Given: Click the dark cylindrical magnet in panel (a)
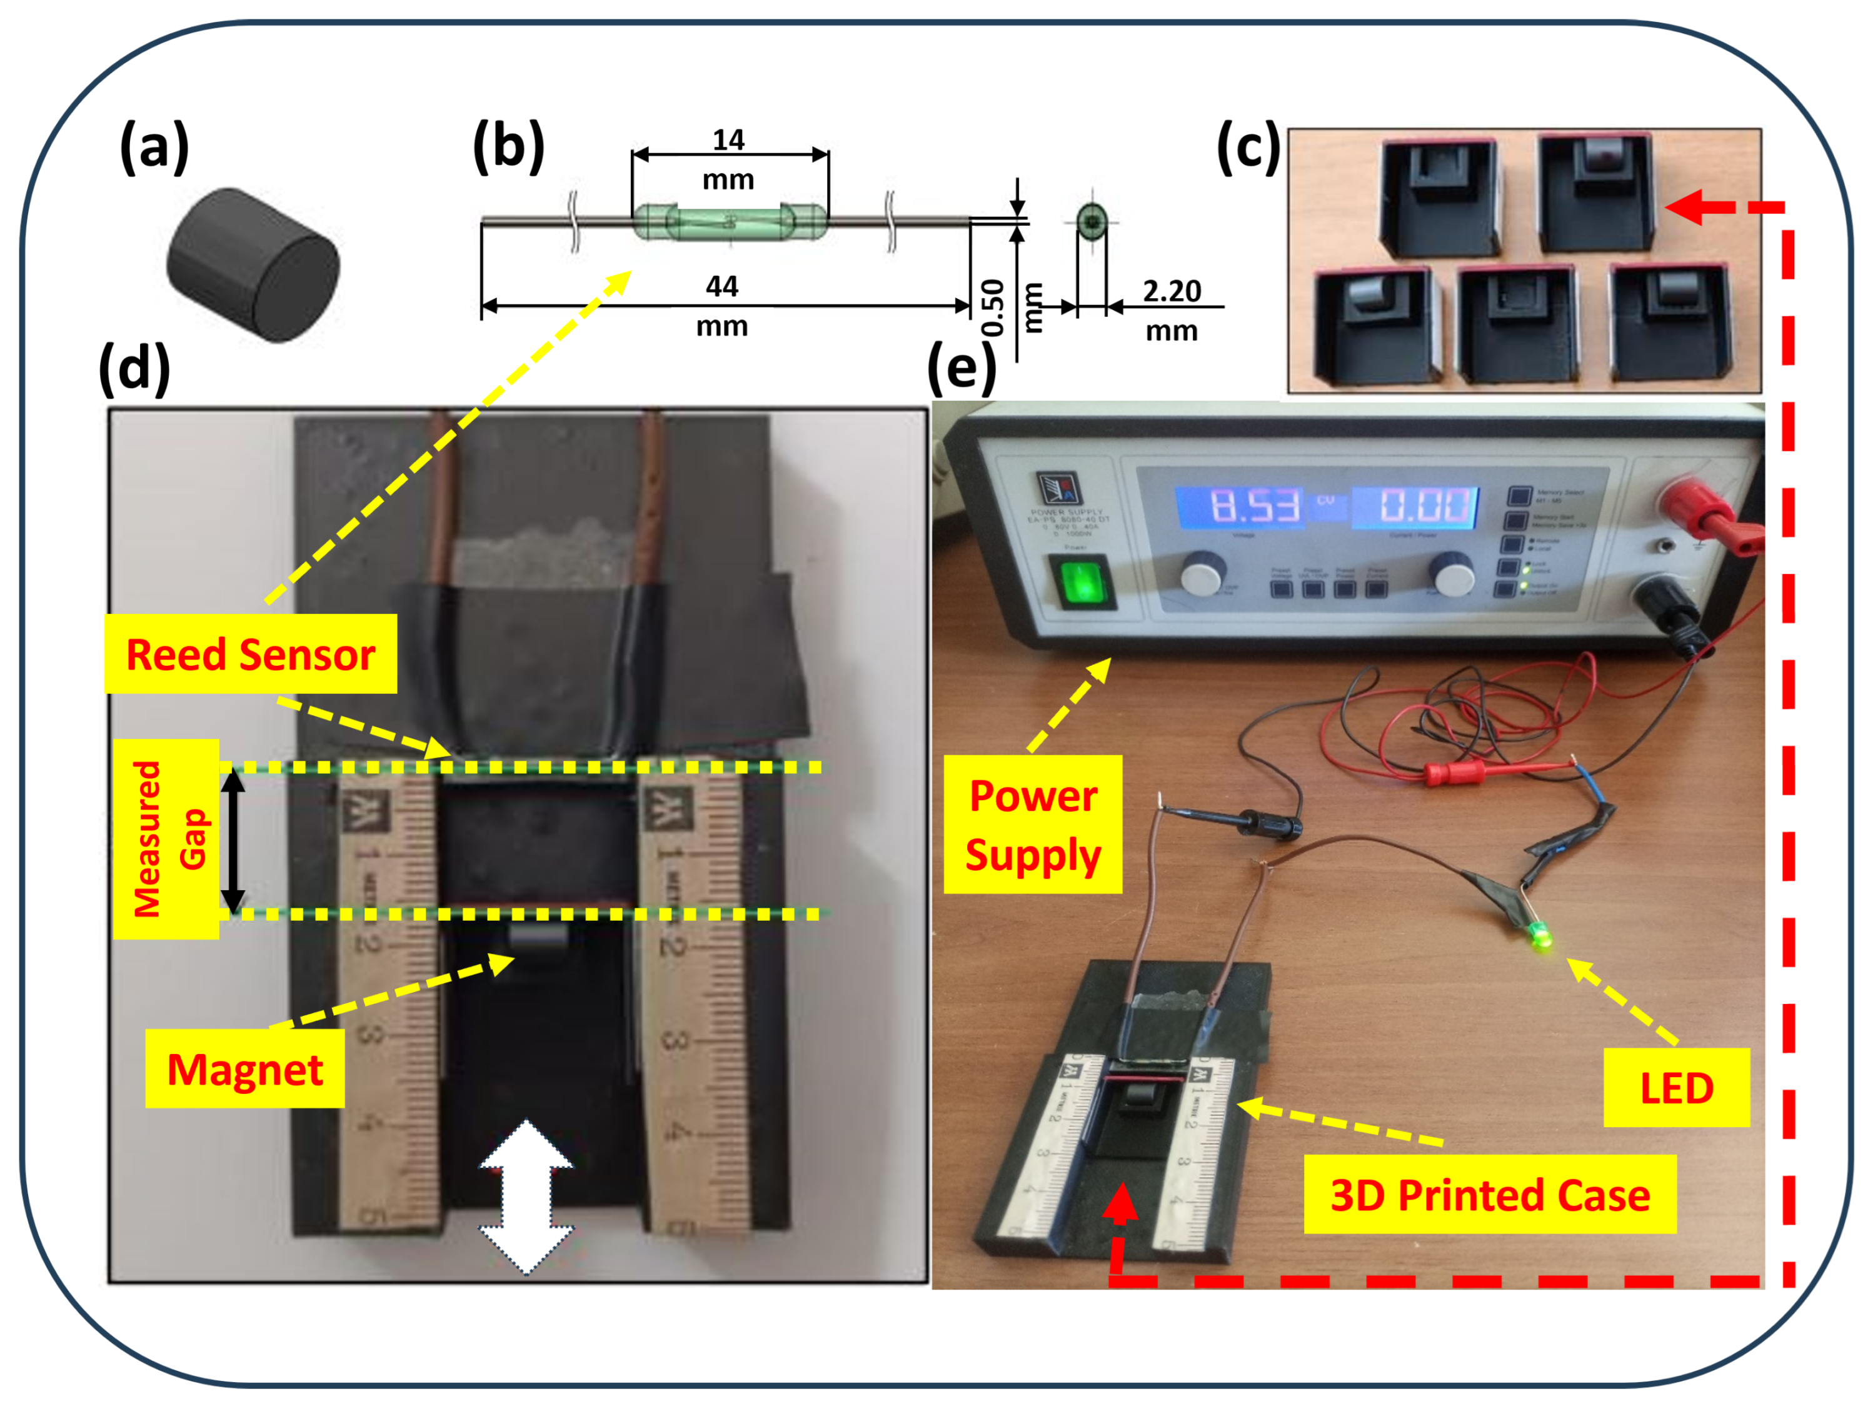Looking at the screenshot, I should click(x=253, y=265).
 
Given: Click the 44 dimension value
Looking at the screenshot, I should click(x=721, y=287).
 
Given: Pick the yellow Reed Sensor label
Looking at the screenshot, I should click(x=251, y=654).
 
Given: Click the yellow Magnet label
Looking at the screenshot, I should click(x=244, y=1069).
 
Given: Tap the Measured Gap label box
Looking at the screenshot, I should click(x=166, y=838).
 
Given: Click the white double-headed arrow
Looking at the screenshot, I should click(x=526, y=1197).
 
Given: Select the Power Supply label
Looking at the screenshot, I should click(x=1032, y=824).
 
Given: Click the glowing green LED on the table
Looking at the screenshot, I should click(x=1539, y=938).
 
